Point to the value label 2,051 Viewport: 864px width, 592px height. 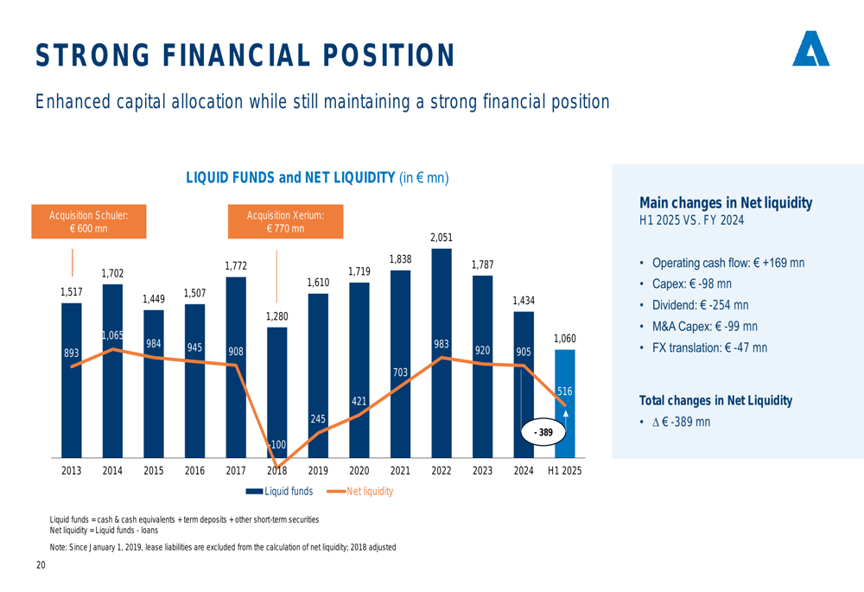click(442, 237)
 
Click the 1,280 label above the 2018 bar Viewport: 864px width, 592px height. click(276, 316)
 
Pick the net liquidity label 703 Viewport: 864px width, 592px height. click(400, 372)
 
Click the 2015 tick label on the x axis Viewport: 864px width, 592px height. click(154, 471)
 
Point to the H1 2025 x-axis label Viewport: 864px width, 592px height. click(565, 471)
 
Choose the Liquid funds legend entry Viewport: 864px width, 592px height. click(280, 492)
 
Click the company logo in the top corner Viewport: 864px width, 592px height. click(810, 49)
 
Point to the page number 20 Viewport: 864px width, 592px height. click(41, 565)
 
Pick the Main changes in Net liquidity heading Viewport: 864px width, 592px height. click(725, 203)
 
